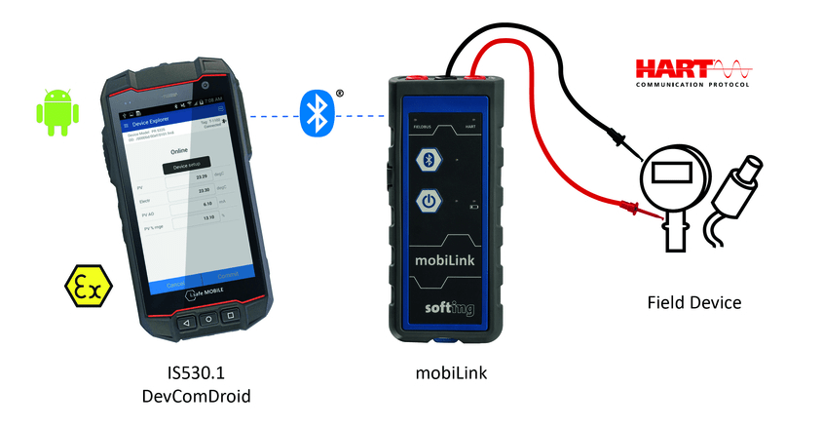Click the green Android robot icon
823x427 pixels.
56,112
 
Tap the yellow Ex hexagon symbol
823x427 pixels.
88,285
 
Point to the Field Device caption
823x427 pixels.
693,303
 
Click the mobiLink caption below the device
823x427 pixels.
451,374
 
